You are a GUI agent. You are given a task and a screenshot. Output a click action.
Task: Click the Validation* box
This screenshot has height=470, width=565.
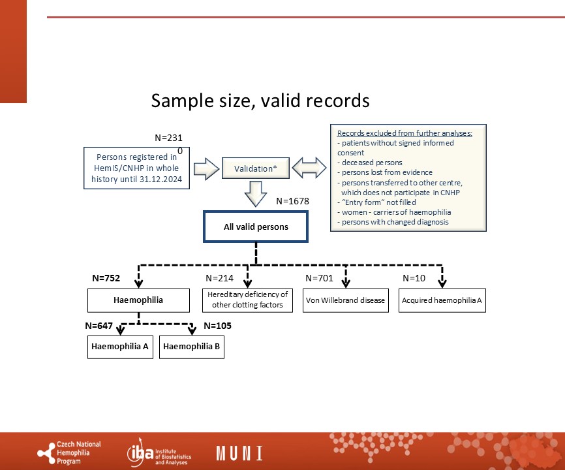pos(256,168)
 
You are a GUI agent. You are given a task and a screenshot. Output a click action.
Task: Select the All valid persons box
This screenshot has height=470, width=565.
pos(256,227)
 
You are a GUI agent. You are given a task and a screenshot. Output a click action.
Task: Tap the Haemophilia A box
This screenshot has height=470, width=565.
pos(120,347)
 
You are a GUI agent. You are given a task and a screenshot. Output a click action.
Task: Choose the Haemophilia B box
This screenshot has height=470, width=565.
pos(192,347)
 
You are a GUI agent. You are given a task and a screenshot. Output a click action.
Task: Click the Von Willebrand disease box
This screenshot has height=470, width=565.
pos(346,300)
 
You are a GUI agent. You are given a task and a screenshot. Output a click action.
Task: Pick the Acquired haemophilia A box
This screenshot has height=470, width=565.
pos(442,300)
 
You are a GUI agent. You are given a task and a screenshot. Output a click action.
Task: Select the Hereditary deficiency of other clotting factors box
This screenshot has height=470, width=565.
pos(247,300)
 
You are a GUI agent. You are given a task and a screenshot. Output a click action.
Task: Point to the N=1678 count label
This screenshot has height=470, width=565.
pos(292,201)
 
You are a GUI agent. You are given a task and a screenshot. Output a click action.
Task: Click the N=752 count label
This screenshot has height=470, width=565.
pos(106,278)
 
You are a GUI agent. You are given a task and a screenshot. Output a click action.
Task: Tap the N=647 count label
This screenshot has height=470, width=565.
pos(99,326)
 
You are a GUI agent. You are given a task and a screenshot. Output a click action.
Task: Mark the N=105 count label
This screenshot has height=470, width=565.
pos(218,326)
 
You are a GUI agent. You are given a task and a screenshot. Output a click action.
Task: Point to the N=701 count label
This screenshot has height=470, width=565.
pos(319,278)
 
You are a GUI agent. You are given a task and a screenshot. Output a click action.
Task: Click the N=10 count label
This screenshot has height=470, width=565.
pos(414,278)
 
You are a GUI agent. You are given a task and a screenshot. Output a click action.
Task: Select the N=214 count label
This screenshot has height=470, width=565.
pos(219,278)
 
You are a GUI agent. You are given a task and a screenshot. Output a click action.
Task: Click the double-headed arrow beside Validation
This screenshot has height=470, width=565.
pos(309,168)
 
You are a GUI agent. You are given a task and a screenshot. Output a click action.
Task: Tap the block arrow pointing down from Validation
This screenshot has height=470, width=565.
pos(256,194)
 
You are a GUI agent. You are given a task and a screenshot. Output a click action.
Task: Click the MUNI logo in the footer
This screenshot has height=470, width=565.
pos(239,453)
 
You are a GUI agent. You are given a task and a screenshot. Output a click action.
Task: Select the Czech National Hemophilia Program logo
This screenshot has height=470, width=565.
pos(69,452)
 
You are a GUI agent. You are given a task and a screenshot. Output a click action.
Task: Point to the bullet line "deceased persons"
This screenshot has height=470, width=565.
pos(370,163)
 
